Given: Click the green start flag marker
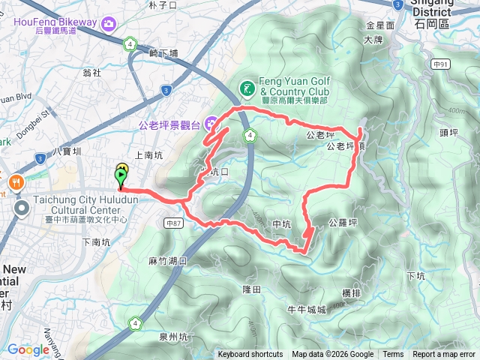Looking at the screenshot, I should pos(121,177).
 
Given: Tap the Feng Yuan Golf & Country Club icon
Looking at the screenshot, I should pos(247,91).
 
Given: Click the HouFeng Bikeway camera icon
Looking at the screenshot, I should pos(109,25).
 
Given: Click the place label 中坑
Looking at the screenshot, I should pos(281,223).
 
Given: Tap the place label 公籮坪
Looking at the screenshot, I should pos(342,223).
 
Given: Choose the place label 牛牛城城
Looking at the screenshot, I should pos(307,309).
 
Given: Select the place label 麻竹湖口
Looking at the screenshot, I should pos(168,260).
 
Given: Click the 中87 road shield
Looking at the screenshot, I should pos(174,223).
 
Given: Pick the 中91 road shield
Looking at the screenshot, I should pos(440,64).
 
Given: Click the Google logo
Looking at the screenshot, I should pos(28,349).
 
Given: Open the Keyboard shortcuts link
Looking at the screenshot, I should pos(250,355).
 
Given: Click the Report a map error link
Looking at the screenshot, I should pos(445,355).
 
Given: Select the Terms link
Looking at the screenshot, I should pos(393,355).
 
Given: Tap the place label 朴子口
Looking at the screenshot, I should pos(162,4).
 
